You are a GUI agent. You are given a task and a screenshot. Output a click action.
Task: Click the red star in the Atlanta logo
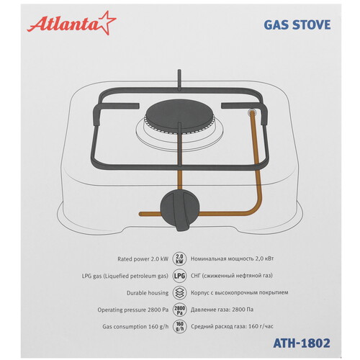[106, 23]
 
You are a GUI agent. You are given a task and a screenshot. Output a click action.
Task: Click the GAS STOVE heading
[297, 25]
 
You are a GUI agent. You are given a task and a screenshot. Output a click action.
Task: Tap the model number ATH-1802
[302, 343]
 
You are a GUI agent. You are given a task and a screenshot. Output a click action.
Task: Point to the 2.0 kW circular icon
[179, 259]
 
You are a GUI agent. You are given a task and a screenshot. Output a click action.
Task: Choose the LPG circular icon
[179, 276]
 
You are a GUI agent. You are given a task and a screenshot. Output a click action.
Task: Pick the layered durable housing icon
[179, 293]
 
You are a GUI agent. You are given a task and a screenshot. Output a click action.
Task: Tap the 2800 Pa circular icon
[179, 310]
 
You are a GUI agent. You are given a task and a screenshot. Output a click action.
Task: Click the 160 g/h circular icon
[179, 327]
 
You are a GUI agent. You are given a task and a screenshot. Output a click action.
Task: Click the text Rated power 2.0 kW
[143, 259]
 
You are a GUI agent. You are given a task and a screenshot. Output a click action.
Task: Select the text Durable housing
[148, 293]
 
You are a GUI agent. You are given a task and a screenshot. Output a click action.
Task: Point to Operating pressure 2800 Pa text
[133, 310]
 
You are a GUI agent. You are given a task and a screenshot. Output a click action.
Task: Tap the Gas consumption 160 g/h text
[135, 327]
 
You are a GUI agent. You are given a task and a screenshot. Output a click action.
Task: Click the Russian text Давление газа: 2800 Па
[222, 310]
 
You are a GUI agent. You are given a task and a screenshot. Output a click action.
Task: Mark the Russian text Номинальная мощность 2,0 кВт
[232, 259]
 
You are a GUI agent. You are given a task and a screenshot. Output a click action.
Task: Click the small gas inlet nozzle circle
[252, 112]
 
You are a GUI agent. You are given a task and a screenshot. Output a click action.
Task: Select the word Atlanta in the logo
[63, 24]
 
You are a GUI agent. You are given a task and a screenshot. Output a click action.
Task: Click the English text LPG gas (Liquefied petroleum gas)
[125, 276]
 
